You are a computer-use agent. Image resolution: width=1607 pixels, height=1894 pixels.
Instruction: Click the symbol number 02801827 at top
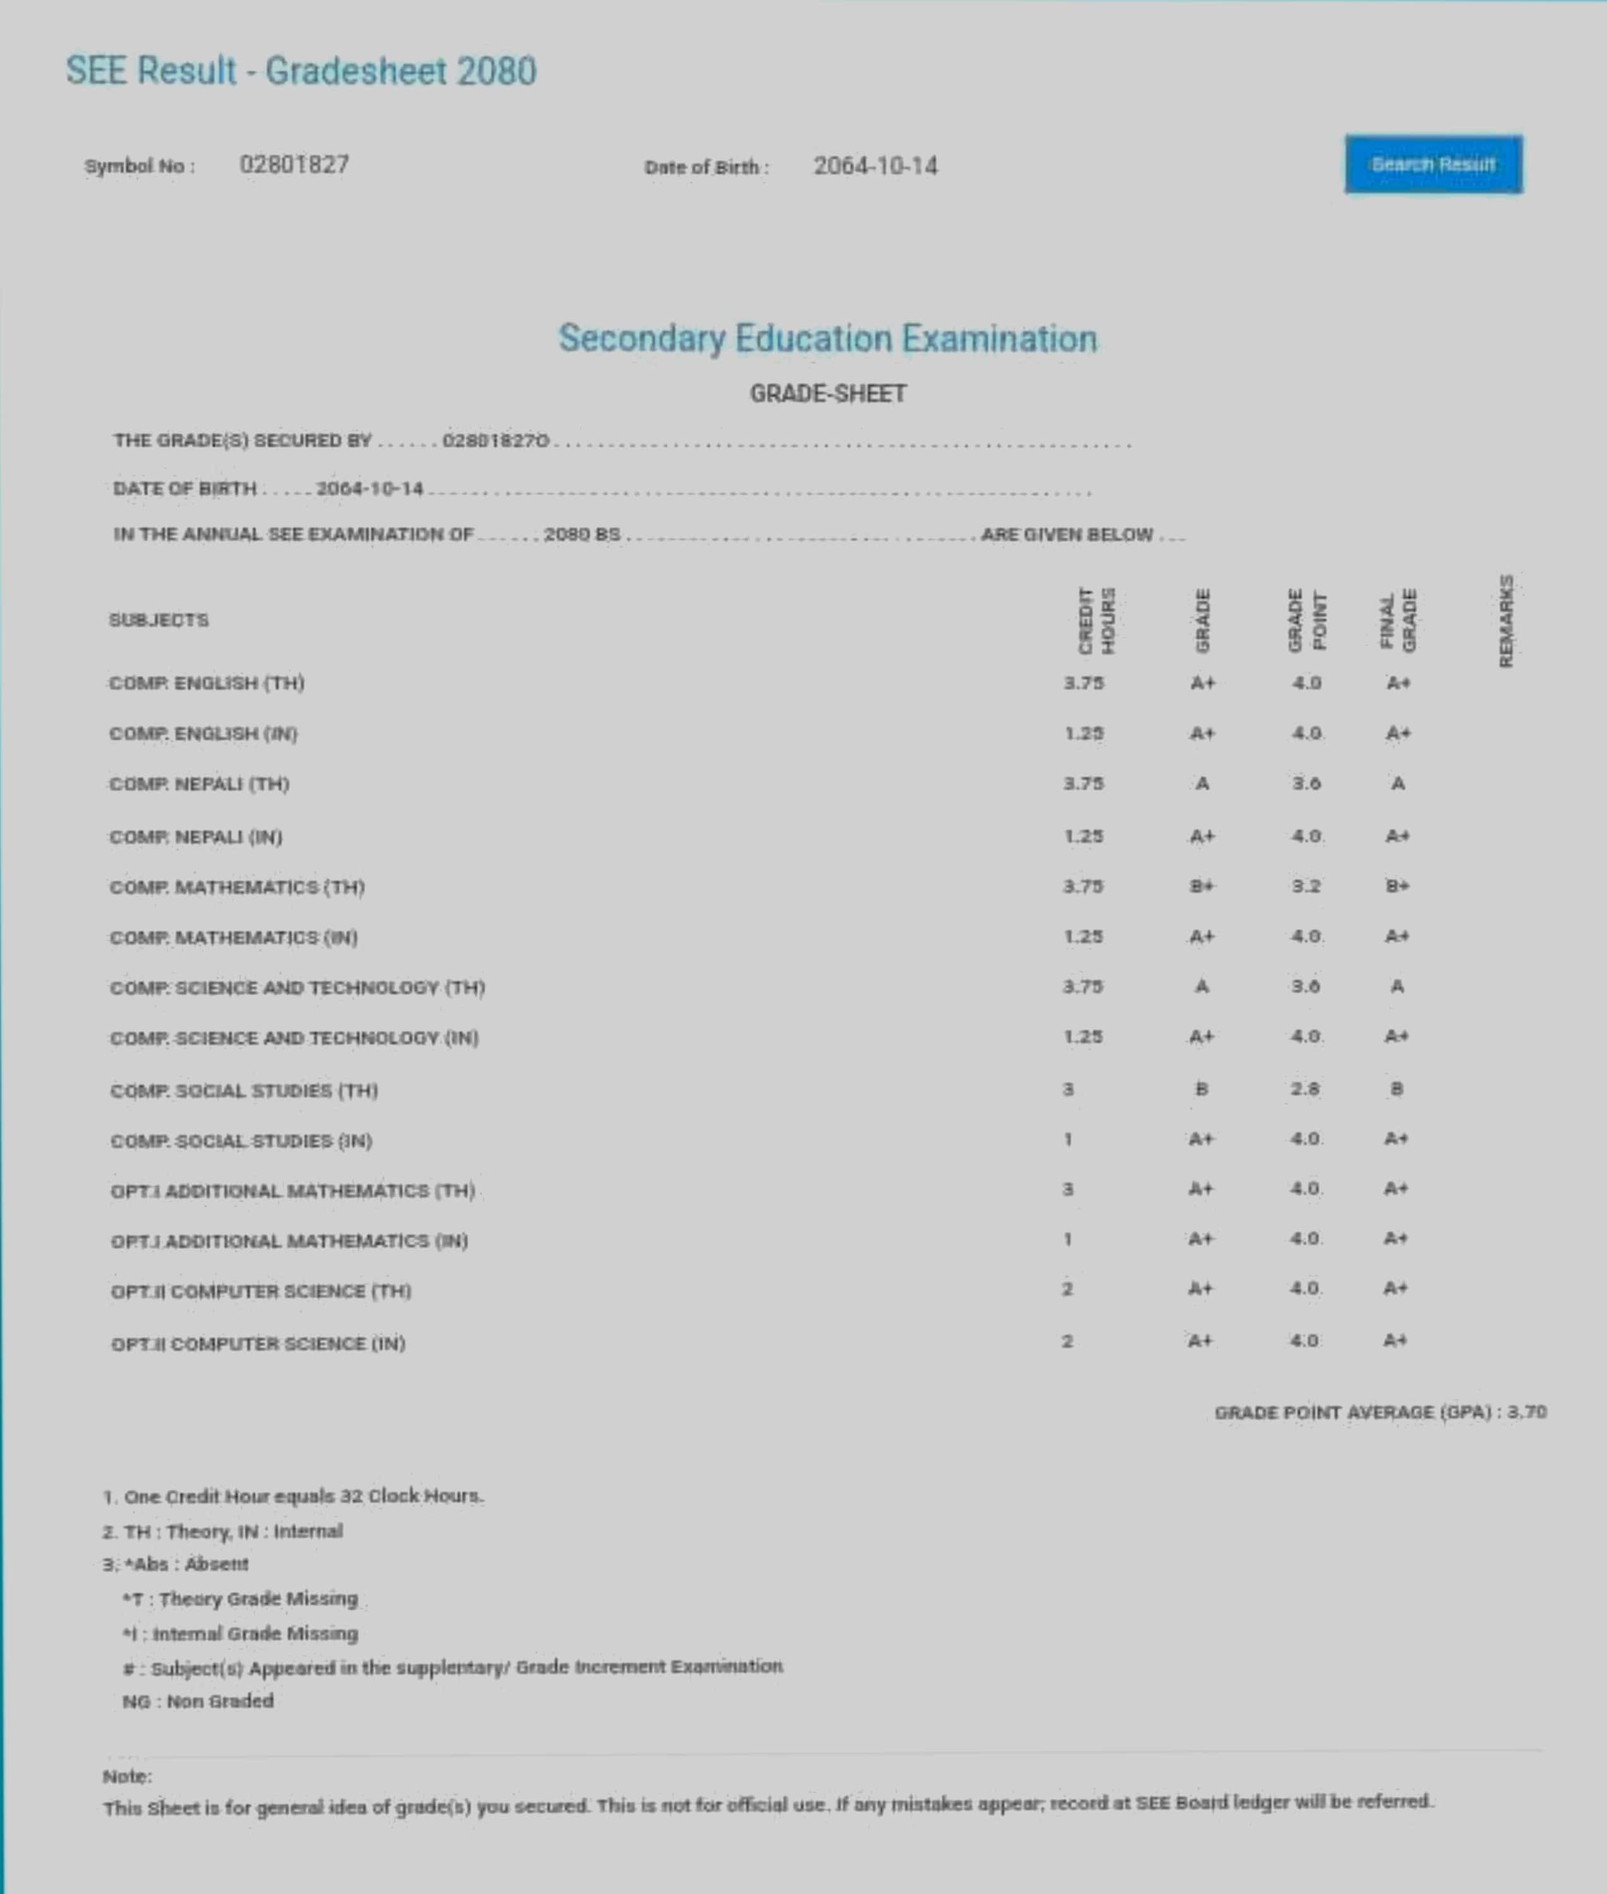[x=294, y=165]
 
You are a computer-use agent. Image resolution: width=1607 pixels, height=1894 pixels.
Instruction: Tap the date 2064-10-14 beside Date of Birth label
[x=874, y=165]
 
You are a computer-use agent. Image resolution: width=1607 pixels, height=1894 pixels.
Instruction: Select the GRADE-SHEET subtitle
[x=827, y=393]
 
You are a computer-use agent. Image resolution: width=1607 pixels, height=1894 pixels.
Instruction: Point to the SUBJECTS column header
[x=159, y=620]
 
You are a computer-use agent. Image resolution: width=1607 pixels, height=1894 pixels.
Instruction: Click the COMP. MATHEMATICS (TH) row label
[x=237, y=887]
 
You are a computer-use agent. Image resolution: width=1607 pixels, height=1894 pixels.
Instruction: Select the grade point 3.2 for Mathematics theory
[x=1306, y=886]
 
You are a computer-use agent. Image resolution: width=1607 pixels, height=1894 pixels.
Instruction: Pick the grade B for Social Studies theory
[x=1201, y=1089]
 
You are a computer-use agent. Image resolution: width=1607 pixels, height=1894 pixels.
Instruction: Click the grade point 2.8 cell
[x=1304, y=1089]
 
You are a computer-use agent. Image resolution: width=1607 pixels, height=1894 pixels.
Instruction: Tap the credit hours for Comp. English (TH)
[x=1083, y=683]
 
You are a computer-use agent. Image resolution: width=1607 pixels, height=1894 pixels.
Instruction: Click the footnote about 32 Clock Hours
[x=293, y=1496]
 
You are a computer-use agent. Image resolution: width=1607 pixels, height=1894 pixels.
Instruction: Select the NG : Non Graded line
[x=198, y=1701]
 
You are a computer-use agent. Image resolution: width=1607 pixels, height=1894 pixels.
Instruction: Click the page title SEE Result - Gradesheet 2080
[x=301, y=71]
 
